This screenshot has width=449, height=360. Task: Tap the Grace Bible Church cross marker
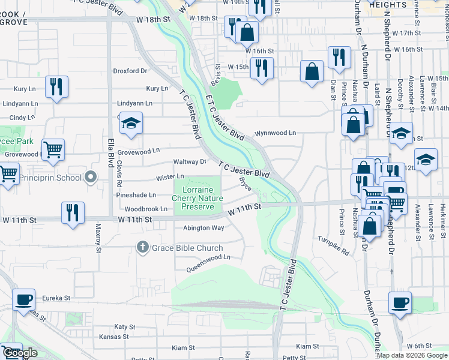coord(142,247)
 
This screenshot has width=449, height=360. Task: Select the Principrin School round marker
coord(91,177)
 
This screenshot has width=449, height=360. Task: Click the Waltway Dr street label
coord(190,162)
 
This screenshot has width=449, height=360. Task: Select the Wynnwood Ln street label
coord(276,133)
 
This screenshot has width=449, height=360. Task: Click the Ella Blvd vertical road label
coord(110,154)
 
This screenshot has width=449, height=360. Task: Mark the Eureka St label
coord(56,297)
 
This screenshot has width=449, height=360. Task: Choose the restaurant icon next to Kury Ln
coord(56,86)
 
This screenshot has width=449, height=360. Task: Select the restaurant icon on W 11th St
coord(73,213)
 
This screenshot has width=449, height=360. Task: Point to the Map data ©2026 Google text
coord(411,355)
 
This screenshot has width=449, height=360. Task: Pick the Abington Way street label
coord(203,228)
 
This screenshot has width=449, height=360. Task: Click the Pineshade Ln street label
coord(136,195)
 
